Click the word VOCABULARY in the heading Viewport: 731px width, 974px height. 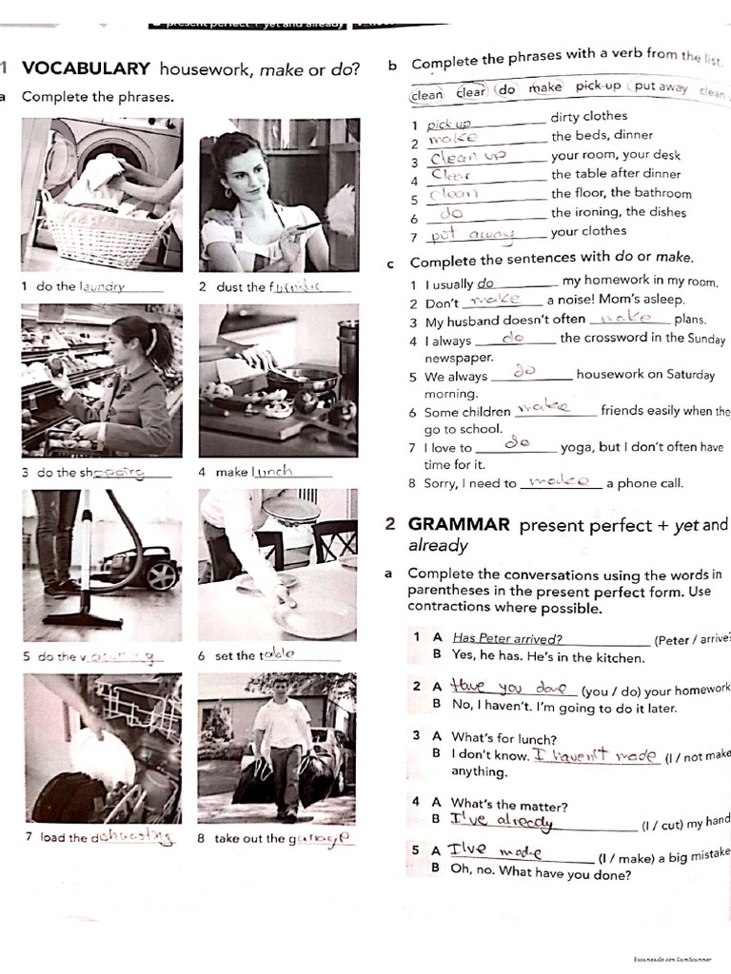click(86, 68)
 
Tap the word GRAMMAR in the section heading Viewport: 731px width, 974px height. click(460, 524)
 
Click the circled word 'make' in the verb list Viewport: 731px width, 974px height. click(545, 88)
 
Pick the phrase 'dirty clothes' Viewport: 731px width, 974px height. click(589, 117)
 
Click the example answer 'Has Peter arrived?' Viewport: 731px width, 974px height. click(507, 639)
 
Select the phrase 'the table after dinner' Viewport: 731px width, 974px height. click(616, 174)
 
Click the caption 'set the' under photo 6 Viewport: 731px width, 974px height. click(235, 655)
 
